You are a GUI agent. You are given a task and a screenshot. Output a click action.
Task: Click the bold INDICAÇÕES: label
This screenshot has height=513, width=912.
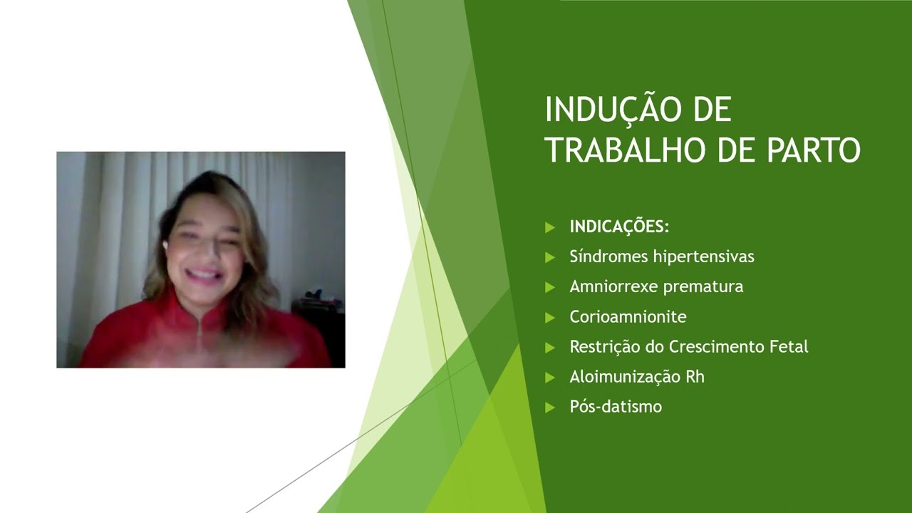coord(619,227)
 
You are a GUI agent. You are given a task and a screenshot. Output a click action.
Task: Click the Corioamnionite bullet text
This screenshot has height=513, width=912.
coord(628,316)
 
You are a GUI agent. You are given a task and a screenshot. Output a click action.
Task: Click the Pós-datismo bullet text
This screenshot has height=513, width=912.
coord(616,407)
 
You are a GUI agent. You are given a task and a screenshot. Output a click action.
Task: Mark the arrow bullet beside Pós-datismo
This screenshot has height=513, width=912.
coord(549,407)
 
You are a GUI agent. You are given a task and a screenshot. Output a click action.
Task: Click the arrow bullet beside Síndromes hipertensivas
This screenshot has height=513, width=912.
coord(549,256)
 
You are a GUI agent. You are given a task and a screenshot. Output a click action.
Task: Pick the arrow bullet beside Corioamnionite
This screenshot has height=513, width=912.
coord(549,317)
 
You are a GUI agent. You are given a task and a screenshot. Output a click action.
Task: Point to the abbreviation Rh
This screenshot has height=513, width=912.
coord(695,376)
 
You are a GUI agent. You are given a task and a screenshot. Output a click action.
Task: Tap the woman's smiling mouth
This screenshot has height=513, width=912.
coord(204,274)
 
